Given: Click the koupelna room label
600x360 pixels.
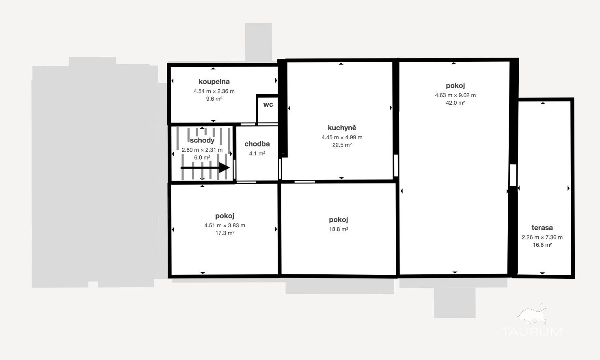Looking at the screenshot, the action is click(214, 82).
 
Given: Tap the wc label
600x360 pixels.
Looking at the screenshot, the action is click(268, 104).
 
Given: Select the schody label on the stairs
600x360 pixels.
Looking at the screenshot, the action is click(202, 140).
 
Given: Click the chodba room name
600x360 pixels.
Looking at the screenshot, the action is click(257, 144).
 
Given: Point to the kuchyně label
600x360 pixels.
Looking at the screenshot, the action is click(342, 128).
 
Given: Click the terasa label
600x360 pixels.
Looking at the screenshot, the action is click(542, 228).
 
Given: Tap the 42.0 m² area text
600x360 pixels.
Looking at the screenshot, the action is click(455, 103).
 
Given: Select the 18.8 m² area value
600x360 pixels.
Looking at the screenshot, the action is click(339, 229).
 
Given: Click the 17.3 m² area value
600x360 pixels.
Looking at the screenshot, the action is click(225, 233).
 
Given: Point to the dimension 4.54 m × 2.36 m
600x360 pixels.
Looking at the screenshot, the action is click(214, 91).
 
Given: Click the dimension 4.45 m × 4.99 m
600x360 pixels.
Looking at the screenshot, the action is click(342, 138).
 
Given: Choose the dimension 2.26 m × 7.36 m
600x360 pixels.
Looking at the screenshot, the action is click(542, 237).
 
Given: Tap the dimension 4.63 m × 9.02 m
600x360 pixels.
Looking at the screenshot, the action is click(455, 95).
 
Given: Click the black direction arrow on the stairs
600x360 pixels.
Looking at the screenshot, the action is click(205, 168).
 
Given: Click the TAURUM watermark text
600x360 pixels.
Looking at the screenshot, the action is click(532, 332).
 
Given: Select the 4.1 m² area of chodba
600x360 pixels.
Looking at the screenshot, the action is click(257, 153).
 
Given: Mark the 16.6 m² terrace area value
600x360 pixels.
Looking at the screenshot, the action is click(542, 245).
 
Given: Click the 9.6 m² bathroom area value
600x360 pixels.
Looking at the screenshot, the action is click(214, 99).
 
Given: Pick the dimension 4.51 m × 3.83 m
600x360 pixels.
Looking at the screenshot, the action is click(225, 226).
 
